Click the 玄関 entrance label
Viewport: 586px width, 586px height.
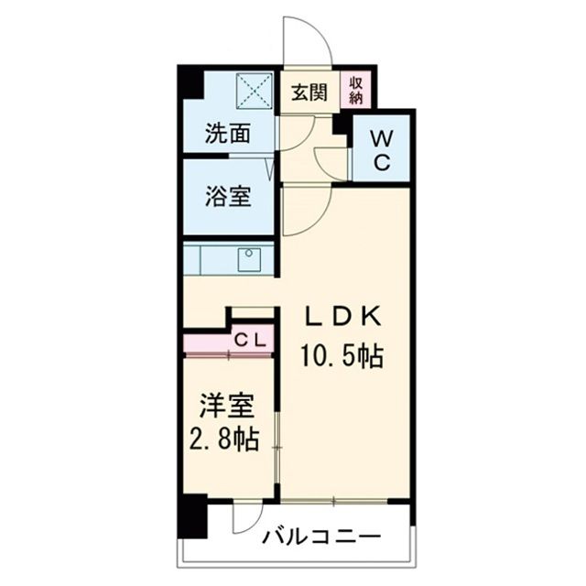[309, 92]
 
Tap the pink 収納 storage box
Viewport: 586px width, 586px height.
[356, 91]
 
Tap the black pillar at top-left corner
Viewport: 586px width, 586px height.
[190, 82]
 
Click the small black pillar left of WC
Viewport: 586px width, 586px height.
[341, 123]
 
